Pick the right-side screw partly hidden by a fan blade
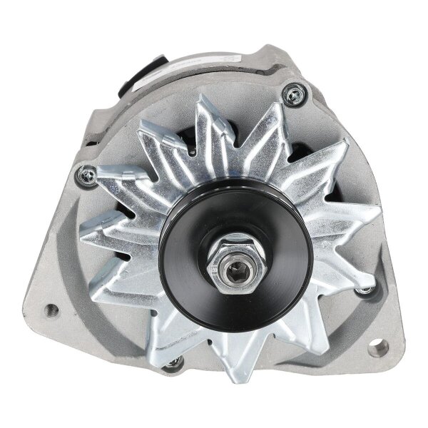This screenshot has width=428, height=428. click(x=366, y=289)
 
